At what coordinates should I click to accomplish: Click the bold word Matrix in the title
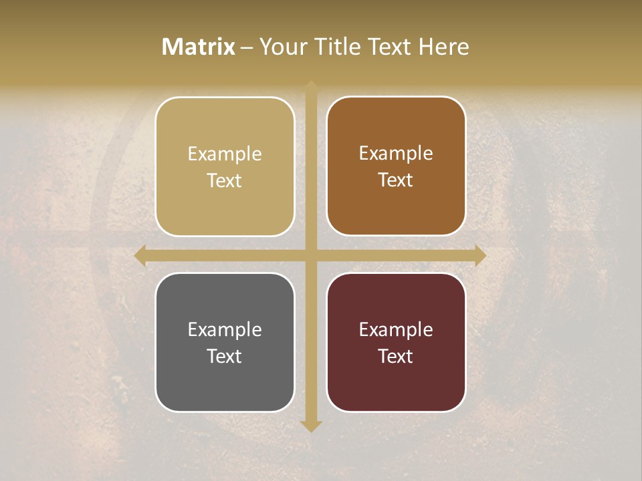(199, 47)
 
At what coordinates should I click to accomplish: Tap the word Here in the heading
(443, 47)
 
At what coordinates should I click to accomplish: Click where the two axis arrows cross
(311, 255)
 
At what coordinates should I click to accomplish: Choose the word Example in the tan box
(225, 154)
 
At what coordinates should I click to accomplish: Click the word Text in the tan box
(225, 181)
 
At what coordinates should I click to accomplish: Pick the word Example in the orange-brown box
(396, 154)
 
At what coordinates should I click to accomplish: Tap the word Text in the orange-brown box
(396, 180)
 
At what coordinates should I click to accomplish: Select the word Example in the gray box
(225, 330)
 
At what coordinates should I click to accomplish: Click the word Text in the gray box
(225, 357)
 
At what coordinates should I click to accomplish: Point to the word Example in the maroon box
(396, 330)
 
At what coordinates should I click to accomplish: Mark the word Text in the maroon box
(396, 357)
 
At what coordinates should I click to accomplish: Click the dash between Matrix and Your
(247, 47)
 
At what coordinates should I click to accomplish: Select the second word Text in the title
(389, 47)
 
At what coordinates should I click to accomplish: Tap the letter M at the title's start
(171, 47)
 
